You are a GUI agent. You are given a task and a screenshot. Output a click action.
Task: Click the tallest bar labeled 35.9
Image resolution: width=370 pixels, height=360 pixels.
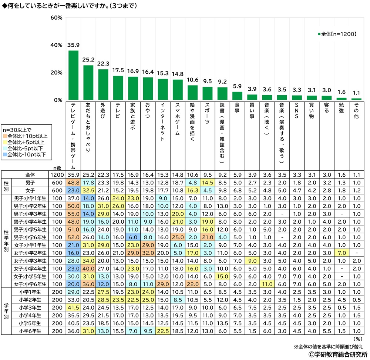point(73,75)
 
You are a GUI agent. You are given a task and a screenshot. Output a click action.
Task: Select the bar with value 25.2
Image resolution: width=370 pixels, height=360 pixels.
point(88,83)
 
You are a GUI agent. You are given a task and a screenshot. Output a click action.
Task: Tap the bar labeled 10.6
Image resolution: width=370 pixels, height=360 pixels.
point(192,93)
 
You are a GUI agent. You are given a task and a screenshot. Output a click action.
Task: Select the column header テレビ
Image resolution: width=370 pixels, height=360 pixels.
point(118,111)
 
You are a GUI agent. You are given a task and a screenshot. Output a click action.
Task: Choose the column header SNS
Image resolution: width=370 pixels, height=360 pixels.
point(297,111)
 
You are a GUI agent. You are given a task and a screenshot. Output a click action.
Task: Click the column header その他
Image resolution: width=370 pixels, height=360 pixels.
point(356,111)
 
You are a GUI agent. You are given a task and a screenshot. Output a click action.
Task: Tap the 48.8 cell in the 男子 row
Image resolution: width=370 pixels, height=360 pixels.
point(73,182)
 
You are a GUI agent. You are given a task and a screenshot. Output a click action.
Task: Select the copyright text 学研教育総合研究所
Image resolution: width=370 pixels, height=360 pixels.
point(337,354)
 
